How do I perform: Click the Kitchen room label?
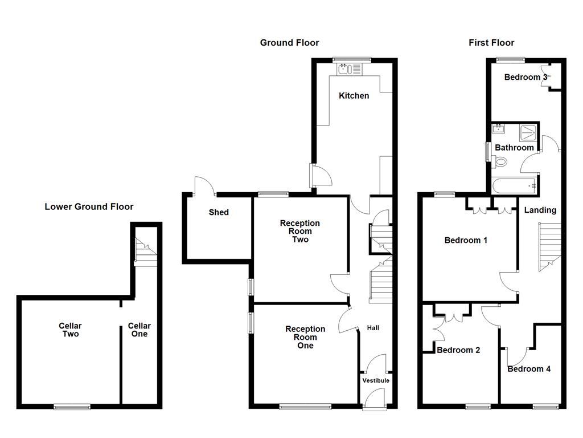(354, 96)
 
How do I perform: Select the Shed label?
(219, 212)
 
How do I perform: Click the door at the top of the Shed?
(204, 185)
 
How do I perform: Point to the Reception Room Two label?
(300, 231)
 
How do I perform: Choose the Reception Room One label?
(305, 337)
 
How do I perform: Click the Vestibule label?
(376, 380)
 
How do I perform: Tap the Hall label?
(373, 328)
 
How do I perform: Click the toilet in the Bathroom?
(501, 162)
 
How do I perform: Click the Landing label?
(540, 210)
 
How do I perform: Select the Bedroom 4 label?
(529, 369)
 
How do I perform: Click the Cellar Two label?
(70, 330)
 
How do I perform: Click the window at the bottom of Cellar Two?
(72, 407)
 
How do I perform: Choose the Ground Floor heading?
(289, 43)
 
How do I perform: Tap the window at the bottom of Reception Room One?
(305, 407)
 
